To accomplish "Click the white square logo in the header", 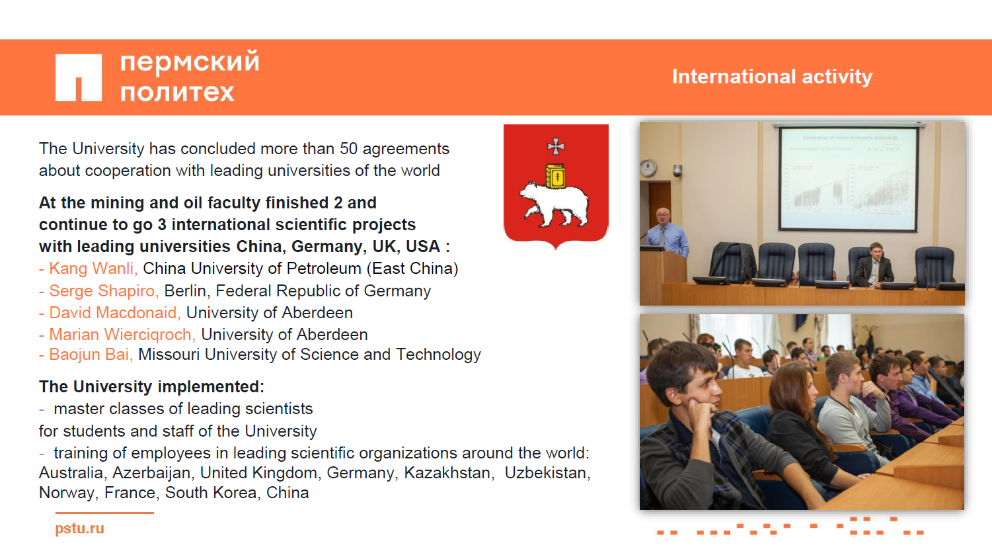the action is pyautogui.click(x=79, y=77).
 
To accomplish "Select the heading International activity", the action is pyautogui.click(x=773, y=77).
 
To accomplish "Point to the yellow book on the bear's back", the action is pyautogui.click(x=555, y=175).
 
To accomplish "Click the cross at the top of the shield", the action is pyautogui.click(x=556, y=146).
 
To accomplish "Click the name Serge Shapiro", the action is pyautogui.click(x=104, y=291).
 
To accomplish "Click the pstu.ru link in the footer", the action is pyautogui.click(x=80, y=529).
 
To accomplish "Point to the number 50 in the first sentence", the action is pyautogui.click(x=348, y=149).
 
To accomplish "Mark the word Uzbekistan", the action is pyautogui.click(x=547, y=473).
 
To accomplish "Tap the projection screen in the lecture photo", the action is pyautogui.click(x=849, y=179).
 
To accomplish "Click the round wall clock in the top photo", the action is pyautogui.click(x=648, y=168).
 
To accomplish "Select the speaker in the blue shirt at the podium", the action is pyautogui.click(x=666, y=233).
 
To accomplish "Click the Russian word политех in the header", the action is pyautogui.click(x=177, y=93).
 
